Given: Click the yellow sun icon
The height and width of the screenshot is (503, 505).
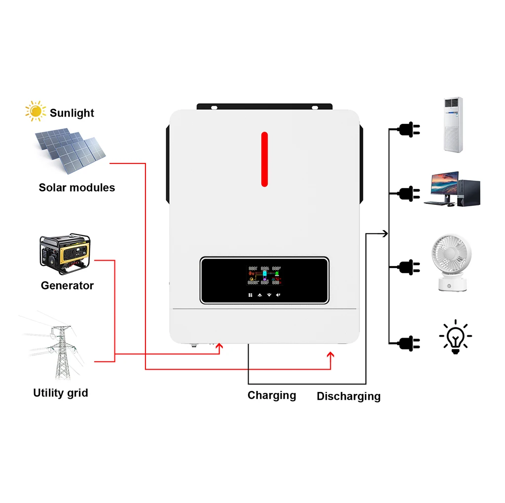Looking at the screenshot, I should tap(35, 111).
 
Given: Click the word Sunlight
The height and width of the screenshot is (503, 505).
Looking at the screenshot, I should tap(72, 113).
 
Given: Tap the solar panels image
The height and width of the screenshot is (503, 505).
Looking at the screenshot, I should tap(71, 151).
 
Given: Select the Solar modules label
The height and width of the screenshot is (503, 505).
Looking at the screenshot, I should tap(76, 188).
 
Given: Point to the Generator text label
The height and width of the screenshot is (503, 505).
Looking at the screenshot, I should tap(67, 285).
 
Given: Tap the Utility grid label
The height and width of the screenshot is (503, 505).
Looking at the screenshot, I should tap(60, 393).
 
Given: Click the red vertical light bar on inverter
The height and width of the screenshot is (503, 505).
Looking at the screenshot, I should tap(264, 159).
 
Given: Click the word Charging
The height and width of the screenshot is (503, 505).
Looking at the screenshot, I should tap(272, 395).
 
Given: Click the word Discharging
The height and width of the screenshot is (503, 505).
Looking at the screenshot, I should tap(348, 396).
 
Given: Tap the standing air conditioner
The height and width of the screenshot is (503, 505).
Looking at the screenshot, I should tap(453, 124).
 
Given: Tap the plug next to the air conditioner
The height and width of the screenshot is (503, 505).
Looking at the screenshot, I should tap(409, 129).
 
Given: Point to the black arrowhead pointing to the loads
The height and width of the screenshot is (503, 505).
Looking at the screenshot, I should tap(385, 233).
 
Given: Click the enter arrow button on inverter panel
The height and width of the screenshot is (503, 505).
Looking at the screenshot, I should tap(279, 295).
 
